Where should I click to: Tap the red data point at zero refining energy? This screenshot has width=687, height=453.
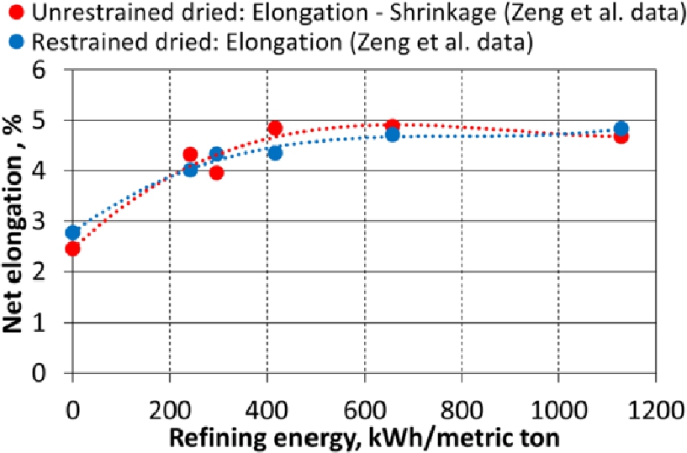point(72,248)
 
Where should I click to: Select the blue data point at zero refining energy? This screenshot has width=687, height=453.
point(72,233)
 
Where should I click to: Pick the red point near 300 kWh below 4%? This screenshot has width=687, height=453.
point(216,172)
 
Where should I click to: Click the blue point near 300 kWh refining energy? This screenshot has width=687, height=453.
point(216,155)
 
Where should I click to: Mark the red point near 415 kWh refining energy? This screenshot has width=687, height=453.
point(275,129)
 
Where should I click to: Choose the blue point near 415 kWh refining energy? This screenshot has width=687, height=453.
point(275,152)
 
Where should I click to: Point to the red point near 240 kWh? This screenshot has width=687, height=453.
point(190,155)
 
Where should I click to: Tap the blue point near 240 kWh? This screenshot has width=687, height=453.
point(190,169)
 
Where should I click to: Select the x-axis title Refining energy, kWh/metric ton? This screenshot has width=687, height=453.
point(362,437)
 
